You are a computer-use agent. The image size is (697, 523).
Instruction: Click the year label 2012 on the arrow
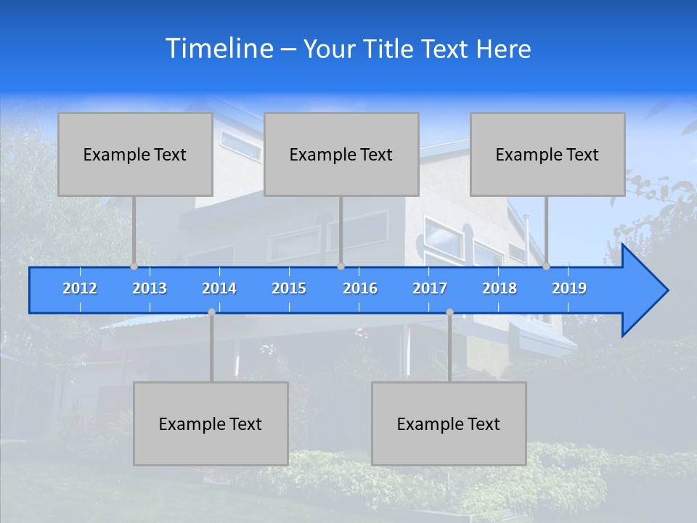pos(80,288)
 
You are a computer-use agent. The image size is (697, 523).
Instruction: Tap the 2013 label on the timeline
pos(150,288)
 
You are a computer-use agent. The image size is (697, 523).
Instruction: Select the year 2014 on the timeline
pos(219,288)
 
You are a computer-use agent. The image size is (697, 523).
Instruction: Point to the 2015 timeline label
pos(289,288)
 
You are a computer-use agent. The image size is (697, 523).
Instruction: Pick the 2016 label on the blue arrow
pos(360,288)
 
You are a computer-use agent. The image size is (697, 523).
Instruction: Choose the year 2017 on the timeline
pos(430,288)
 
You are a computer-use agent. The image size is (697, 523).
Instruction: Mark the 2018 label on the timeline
pos(500,288)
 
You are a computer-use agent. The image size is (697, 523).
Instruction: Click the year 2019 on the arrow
pos(569,288)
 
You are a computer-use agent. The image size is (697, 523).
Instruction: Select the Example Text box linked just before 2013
pos(135,154)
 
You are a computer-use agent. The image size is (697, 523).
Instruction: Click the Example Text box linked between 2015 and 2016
pos(341,154)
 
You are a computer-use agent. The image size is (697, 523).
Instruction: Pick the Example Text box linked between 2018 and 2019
pos(547,154)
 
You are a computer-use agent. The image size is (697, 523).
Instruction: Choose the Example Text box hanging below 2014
pos(211,423)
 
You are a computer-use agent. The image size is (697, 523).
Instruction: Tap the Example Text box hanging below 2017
pos(449,423)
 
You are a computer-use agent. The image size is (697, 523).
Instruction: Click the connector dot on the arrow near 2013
pos(134,267)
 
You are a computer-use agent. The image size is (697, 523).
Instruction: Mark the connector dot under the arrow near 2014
pos(211,312)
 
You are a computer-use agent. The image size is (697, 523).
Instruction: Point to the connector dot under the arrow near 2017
pos(449,312)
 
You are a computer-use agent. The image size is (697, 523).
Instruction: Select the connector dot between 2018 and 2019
pos(546,267)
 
